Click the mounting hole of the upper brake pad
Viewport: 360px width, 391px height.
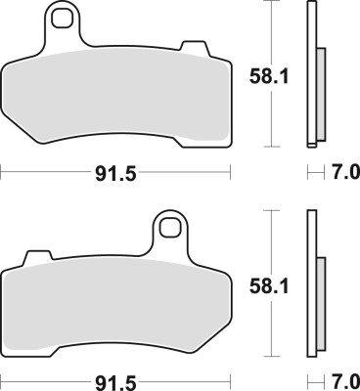click(x=67, y=19)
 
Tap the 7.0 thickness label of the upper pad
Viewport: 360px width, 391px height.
click(x=343, y=172)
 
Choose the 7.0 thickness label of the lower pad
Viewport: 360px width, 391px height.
click(x=343, y=377)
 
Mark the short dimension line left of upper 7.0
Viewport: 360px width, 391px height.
click(x=314, y=172)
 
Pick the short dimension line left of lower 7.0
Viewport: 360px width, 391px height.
click(x=314, y=377)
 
